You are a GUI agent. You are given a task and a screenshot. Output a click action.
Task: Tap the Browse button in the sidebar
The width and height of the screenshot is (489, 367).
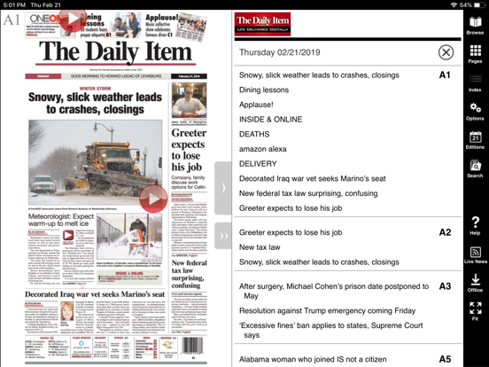point(475,26)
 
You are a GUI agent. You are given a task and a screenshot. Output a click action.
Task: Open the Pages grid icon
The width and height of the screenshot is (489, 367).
point(475,55)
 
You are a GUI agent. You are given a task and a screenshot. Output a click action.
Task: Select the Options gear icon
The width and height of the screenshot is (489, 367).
point(475,112)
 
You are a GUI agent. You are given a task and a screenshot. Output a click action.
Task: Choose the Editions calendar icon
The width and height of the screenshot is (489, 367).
point(475,140)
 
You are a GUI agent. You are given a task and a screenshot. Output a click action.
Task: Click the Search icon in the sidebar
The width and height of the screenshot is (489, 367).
point(475,168)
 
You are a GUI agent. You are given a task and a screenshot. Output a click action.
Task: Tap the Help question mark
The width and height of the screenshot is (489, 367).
point(475,225)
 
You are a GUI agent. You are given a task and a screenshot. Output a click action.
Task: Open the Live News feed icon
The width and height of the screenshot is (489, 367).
point(475,255)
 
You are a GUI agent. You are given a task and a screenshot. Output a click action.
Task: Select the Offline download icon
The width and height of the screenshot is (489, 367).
point(475,284)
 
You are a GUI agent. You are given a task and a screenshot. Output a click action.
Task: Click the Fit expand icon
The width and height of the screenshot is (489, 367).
point(475,311)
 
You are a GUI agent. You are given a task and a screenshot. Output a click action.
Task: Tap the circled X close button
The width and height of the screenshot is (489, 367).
point(446,52)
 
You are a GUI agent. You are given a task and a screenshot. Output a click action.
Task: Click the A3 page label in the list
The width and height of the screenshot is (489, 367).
point(445,286)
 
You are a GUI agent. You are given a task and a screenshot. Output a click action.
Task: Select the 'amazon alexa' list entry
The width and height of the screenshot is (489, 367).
point(262,149)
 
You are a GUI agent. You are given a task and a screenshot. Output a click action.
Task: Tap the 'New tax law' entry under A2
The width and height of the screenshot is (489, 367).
point(259,247)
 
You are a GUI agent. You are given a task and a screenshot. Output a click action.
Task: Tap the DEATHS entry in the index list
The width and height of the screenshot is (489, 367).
point(254,134)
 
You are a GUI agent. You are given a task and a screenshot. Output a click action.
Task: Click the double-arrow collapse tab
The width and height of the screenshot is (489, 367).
point(222,234)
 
